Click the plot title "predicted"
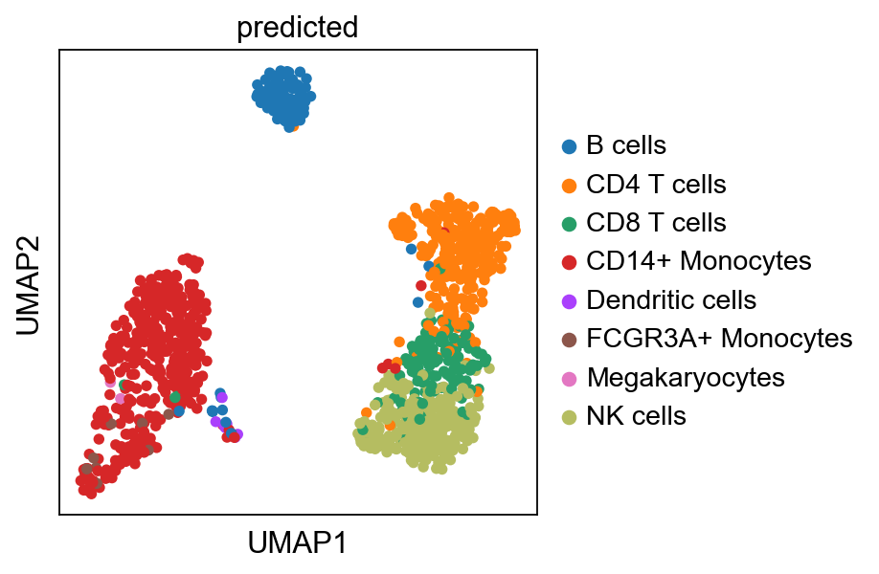tap(297, 28)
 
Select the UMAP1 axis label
tap(297, 543)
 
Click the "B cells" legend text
tap(626, 145)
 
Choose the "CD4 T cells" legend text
tap(656, 184)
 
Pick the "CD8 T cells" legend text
tap(656, 223)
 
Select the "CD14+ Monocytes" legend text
tap(699, 261)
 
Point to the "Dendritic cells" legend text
tap(671, 299)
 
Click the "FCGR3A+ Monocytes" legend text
tap(719, 338)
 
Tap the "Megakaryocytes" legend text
tap(686, 377)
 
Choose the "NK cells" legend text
tap(636, 415)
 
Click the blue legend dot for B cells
tap(569, 146)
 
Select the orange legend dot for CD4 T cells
tap(569, 185)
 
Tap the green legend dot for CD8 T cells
tap(569, 224)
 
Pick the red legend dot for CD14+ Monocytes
tap(569, 262)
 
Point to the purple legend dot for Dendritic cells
tap(569, 300)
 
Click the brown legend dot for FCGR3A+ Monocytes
tap(569, 339)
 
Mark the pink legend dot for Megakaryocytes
tap(569, 378)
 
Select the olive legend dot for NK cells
tap(569, 416)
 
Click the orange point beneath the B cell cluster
tap(294, 125)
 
